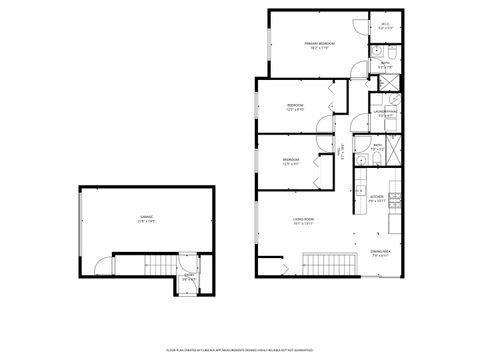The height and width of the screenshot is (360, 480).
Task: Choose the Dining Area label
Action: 380,254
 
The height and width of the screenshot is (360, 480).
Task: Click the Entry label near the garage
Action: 189,277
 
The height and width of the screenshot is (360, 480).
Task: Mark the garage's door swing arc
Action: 99,265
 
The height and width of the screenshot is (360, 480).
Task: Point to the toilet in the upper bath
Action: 393,49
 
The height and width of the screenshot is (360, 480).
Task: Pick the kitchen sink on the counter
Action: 360,187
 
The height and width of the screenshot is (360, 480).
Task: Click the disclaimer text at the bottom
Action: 239,350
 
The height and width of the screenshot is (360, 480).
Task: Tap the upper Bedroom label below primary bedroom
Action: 295,106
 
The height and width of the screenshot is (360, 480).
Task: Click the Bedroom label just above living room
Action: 290,161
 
